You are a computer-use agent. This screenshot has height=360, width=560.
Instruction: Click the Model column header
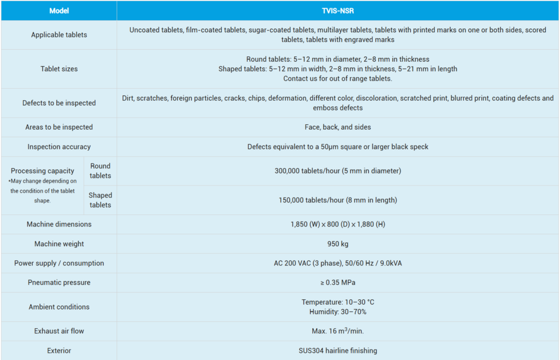(x=59, y=11)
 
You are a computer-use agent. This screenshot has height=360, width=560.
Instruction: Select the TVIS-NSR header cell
(x=337, y=11)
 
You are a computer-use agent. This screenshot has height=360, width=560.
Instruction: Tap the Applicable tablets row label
(x=59, y=35)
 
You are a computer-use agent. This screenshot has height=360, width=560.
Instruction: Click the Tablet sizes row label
(x=59, y=69)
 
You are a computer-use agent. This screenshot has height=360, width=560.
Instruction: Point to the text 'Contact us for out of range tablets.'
(x=337, y=79)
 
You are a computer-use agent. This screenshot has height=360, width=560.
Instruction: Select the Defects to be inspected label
(x=59, y=103)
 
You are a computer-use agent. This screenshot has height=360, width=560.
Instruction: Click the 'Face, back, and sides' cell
(x=337, y=127)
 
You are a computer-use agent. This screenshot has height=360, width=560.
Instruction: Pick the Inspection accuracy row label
(x=59, y=147)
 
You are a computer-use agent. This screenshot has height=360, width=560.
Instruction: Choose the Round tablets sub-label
(x=100, y=171)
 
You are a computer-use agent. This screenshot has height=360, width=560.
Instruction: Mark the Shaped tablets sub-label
(x=100, y=200)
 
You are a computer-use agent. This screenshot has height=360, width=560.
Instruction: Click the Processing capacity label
(x=42, y=171)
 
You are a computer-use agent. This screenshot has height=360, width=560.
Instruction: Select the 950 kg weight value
(x=337, y=244)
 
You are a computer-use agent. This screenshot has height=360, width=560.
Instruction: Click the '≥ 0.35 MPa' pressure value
(x=337, y=283)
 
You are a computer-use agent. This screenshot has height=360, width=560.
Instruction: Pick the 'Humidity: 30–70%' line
(x=337, y=312)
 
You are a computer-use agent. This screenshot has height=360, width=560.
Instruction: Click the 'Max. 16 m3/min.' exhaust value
(x=337, y=331)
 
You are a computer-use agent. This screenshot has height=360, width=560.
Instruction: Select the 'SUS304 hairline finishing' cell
(x=337, y=351)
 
